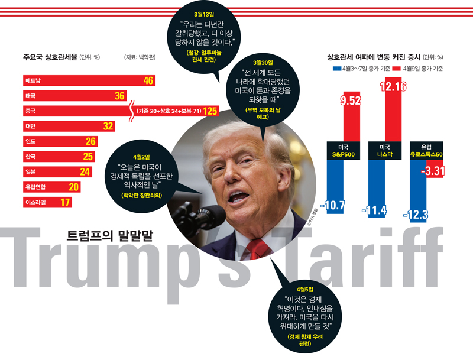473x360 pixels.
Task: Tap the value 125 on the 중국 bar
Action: [x=211, y=111]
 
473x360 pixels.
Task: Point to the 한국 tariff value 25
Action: [x=88, y=157]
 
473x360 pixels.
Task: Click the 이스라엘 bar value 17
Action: [x=66, y=202]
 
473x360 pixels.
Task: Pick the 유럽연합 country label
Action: [x=35, y=187]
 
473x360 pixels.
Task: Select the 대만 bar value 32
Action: [x=108, y=126]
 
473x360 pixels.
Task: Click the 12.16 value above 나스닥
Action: [x=393, y=87]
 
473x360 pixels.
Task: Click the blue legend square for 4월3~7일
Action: [x=336, y=69]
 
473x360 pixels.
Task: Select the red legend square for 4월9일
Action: [x=397, y=69]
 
